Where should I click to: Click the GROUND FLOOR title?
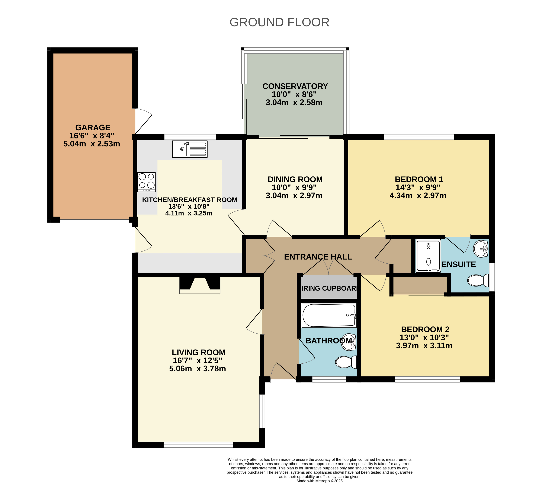pyautogui.click(x=279, y=22)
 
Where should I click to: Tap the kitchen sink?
pyautogui.click(x=190, y=149)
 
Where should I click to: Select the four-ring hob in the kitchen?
pyautogui.click(x=147, y=182)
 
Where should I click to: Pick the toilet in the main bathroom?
pyautogui.click(x=346, y=362)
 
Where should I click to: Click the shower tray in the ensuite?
pyautogui.click(x=428, y=256)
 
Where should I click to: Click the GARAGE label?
pyautogui.click(x=93, y=128)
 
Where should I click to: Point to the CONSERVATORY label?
pyautogui.click(x=295, y=86)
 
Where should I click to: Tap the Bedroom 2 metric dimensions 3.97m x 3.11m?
pyautogui.click(x=424, y=346)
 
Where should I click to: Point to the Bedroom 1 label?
pyautogui.click(x=419, y=179)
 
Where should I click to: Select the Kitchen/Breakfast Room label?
pyautogui.click(x=190, y=200)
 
